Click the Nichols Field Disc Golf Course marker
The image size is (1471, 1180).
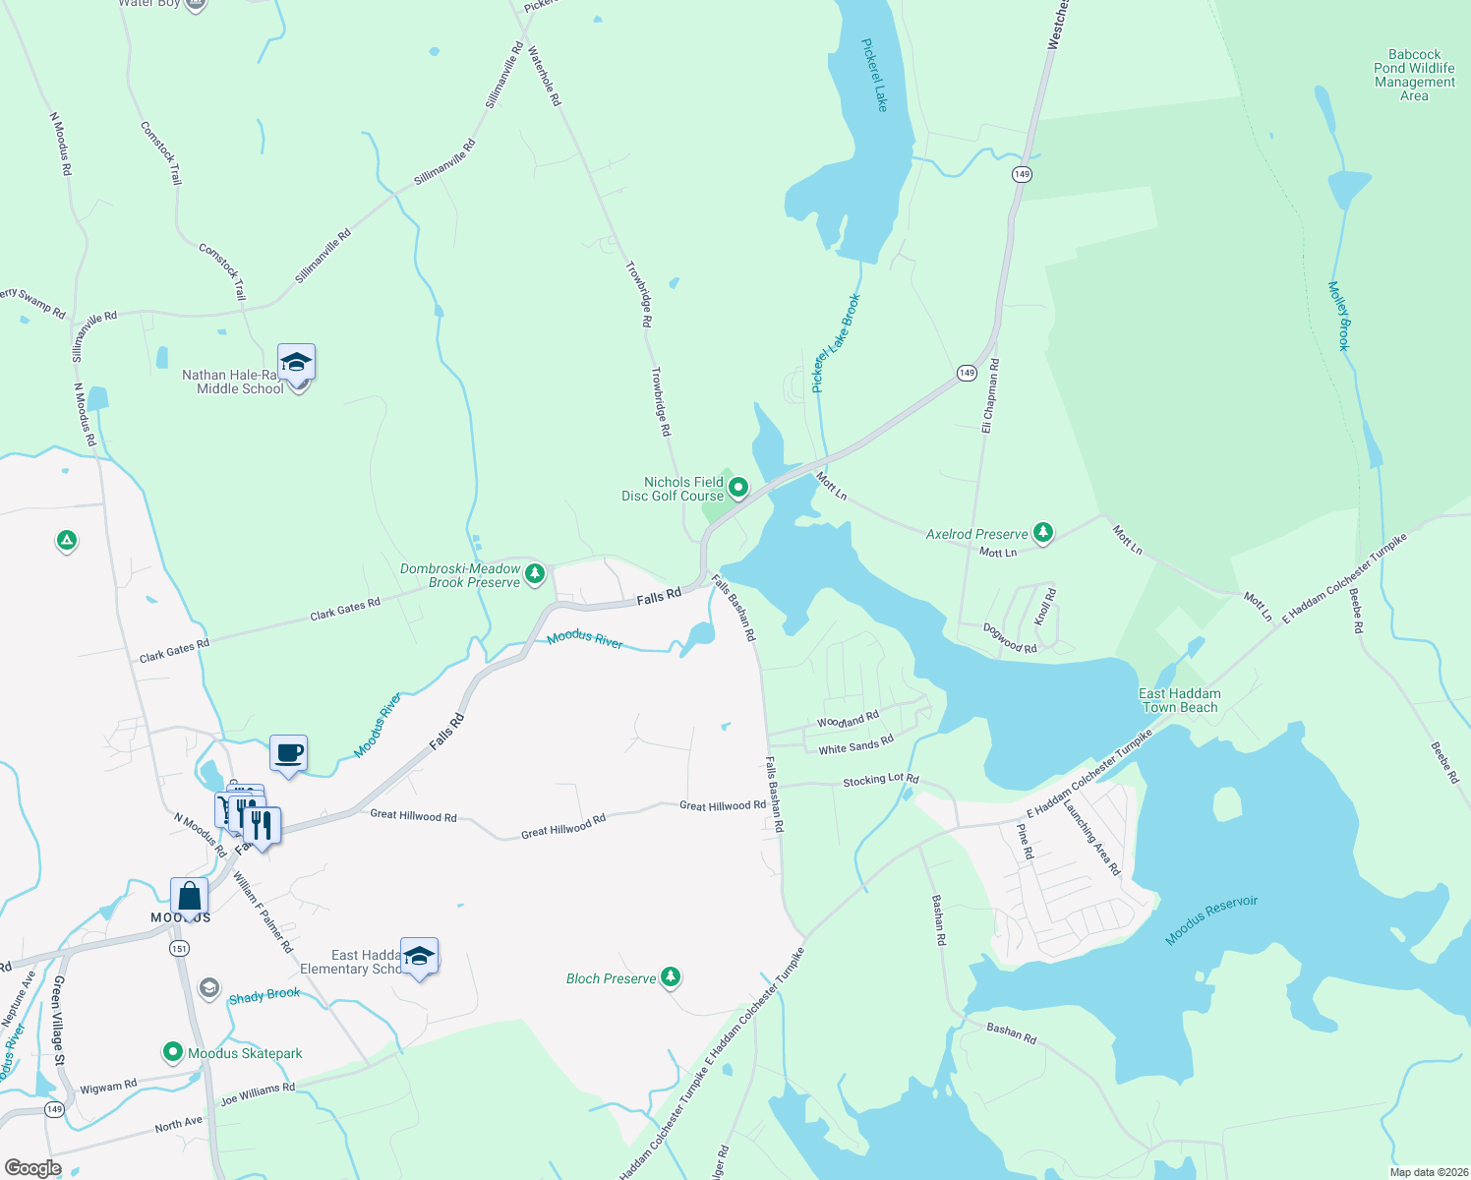[x=738, y=488]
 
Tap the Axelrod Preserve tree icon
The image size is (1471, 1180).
[x=1043, y=533]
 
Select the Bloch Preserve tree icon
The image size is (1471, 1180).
[x=671, y=977]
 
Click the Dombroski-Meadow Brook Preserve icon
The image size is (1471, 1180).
[x=535, y=574]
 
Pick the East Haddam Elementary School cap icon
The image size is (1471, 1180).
[x=420, y=957]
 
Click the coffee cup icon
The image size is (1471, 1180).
[x=288, y=754]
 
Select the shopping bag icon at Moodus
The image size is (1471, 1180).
[x=189, y=898]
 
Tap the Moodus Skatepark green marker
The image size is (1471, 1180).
[x=173, y=1053]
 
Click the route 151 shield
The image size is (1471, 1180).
[x=179, y=948]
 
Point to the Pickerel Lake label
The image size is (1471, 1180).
[x=874, y=75]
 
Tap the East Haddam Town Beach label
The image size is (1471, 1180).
[x=1180, y=700]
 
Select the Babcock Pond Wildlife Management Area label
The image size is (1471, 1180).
[x=1414, y=75]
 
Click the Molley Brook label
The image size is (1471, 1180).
[x=1340, y=316]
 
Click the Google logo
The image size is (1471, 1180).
[x=32, y=1168]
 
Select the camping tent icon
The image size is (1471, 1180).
[x=66, y=540]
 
